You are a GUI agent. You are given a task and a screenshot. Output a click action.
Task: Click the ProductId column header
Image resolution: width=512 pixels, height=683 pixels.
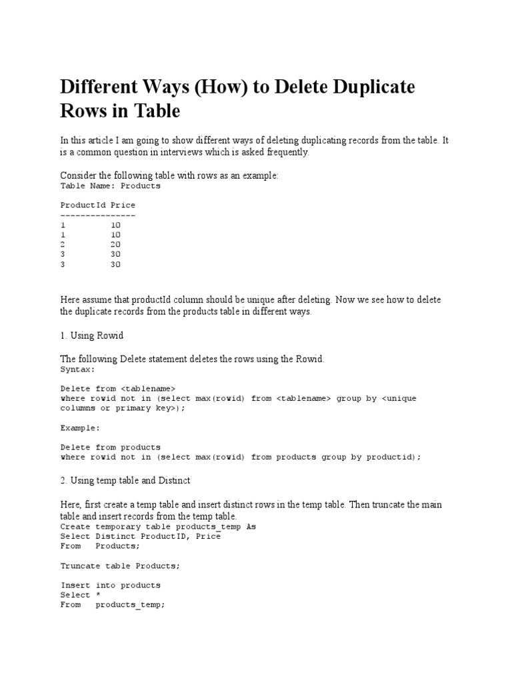[x=83, y=205]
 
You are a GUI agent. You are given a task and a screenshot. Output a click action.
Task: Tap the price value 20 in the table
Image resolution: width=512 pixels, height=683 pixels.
[x=115, y=245]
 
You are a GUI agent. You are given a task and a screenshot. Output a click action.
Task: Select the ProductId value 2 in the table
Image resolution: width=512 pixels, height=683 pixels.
[x=63, y=245]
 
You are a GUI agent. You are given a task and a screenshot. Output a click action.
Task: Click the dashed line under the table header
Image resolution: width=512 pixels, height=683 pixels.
[x=98, y=215]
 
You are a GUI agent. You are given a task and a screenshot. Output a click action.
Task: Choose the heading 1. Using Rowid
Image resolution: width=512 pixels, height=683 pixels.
[x=92, y=335]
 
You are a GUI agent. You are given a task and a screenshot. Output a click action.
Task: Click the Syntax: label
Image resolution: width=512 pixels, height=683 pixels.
[x=78, y=369]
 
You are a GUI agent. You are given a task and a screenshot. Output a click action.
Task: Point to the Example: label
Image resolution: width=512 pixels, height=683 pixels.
[x=80, y=428]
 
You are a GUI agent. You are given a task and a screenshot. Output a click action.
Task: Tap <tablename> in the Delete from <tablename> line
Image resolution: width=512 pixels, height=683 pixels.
[x=148, y=388]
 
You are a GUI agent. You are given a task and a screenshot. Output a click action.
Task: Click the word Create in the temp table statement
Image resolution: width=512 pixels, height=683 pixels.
[x=75, y=526]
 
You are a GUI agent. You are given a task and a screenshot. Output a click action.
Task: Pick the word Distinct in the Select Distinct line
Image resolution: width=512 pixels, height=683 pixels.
[x=117, y=536]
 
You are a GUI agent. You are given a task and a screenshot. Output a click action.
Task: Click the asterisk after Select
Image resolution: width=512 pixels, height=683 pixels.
[x=98, y=595]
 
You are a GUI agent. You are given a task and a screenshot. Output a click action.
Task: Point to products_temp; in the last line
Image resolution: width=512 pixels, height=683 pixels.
[x=130, y=605]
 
